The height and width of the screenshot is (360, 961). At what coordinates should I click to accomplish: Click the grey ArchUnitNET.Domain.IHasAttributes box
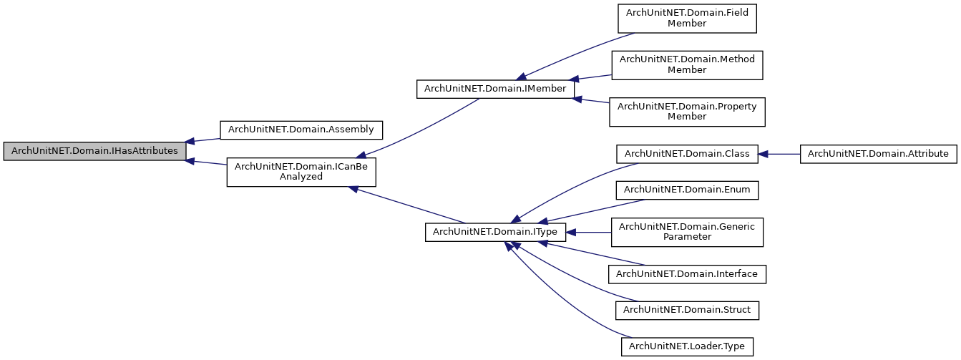click(x=94, y=151)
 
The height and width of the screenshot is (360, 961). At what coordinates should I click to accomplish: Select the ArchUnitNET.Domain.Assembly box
click(x=301, y=130)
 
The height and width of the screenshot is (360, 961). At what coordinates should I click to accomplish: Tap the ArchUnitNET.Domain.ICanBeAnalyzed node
click(x=301, y=172)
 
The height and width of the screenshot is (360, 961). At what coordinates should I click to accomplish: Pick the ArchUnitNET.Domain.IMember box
click(x=496, y=89)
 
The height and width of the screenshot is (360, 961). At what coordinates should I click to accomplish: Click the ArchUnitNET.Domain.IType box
click(x=496, y=232)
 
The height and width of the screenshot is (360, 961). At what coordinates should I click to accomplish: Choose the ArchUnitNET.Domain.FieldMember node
click(x=686, y=19)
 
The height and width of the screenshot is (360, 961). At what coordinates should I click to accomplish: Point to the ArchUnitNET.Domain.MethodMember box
click(x=686, y=64)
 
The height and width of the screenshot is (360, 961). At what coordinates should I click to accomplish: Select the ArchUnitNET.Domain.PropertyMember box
click(x=686, y=111)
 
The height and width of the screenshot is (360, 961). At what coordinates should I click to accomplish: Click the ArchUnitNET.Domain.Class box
click(x=686, y=153)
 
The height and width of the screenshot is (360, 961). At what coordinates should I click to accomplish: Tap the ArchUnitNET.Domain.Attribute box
click(x=878, y=153)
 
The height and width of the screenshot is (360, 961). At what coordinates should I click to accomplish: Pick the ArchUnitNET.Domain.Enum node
click(x=686, y=190)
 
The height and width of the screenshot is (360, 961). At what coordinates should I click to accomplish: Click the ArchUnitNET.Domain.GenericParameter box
click(x=686, y=232)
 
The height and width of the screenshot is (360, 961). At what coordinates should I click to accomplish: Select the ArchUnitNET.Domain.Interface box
click(x=686, y=273)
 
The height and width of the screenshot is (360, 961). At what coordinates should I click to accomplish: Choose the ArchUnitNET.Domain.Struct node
click(x=686, y=310)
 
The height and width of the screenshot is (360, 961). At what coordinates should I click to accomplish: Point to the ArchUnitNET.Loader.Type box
click(x=686, y=346)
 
